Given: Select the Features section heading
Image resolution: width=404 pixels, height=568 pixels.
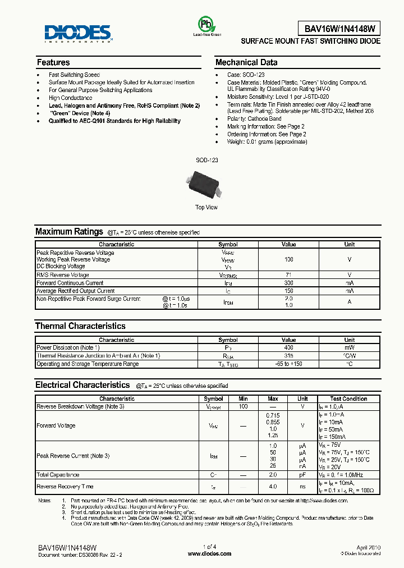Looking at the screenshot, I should point(53,62).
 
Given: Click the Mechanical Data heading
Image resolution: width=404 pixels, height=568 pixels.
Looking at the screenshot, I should point(246,62).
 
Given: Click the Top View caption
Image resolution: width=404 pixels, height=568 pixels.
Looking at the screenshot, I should point(206,208).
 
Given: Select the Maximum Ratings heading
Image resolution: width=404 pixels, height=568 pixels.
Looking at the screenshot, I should point(69,231).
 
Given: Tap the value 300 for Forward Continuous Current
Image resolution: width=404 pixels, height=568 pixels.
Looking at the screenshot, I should point(289,283).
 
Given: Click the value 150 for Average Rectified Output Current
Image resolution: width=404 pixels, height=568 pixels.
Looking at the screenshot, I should point(289,291).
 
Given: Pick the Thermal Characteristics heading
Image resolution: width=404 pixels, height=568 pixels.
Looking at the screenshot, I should point(80,326).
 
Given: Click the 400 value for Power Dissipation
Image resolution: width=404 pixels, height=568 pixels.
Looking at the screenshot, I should point(289,348).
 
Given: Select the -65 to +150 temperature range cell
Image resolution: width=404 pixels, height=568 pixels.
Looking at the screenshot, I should point(289,364).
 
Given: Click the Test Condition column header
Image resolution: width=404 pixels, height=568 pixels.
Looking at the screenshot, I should point(349,399).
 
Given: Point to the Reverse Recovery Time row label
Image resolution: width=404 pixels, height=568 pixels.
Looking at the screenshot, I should point(65,487).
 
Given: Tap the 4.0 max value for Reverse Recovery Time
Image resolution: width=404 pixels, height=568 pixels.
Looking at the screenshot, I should point(273,487).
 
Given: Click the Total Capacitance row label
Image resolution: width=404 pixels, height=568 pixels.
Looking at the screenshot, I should point(58,475).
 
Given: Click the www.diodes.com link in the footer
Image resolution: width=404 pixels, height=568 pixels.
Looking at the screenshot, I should point(209,553).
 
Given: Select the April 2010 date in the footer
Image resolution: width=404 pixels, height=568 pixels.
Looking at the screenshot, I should point(369,546).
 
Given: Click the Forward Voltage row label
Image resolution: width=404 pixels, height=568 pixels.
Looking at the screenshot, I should point(56,426).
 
